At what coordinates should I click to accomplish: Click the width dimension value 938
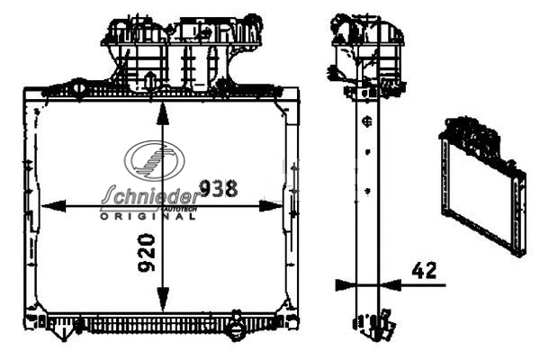[x=218, y=188]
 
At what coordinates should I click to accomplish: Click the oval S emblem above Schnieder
[x=156, y=161]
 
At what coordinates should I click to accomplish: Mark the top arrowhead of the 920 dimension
[x=162, y=112]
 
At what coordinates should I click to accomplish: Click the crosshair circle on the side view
[x=366, y=121]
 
